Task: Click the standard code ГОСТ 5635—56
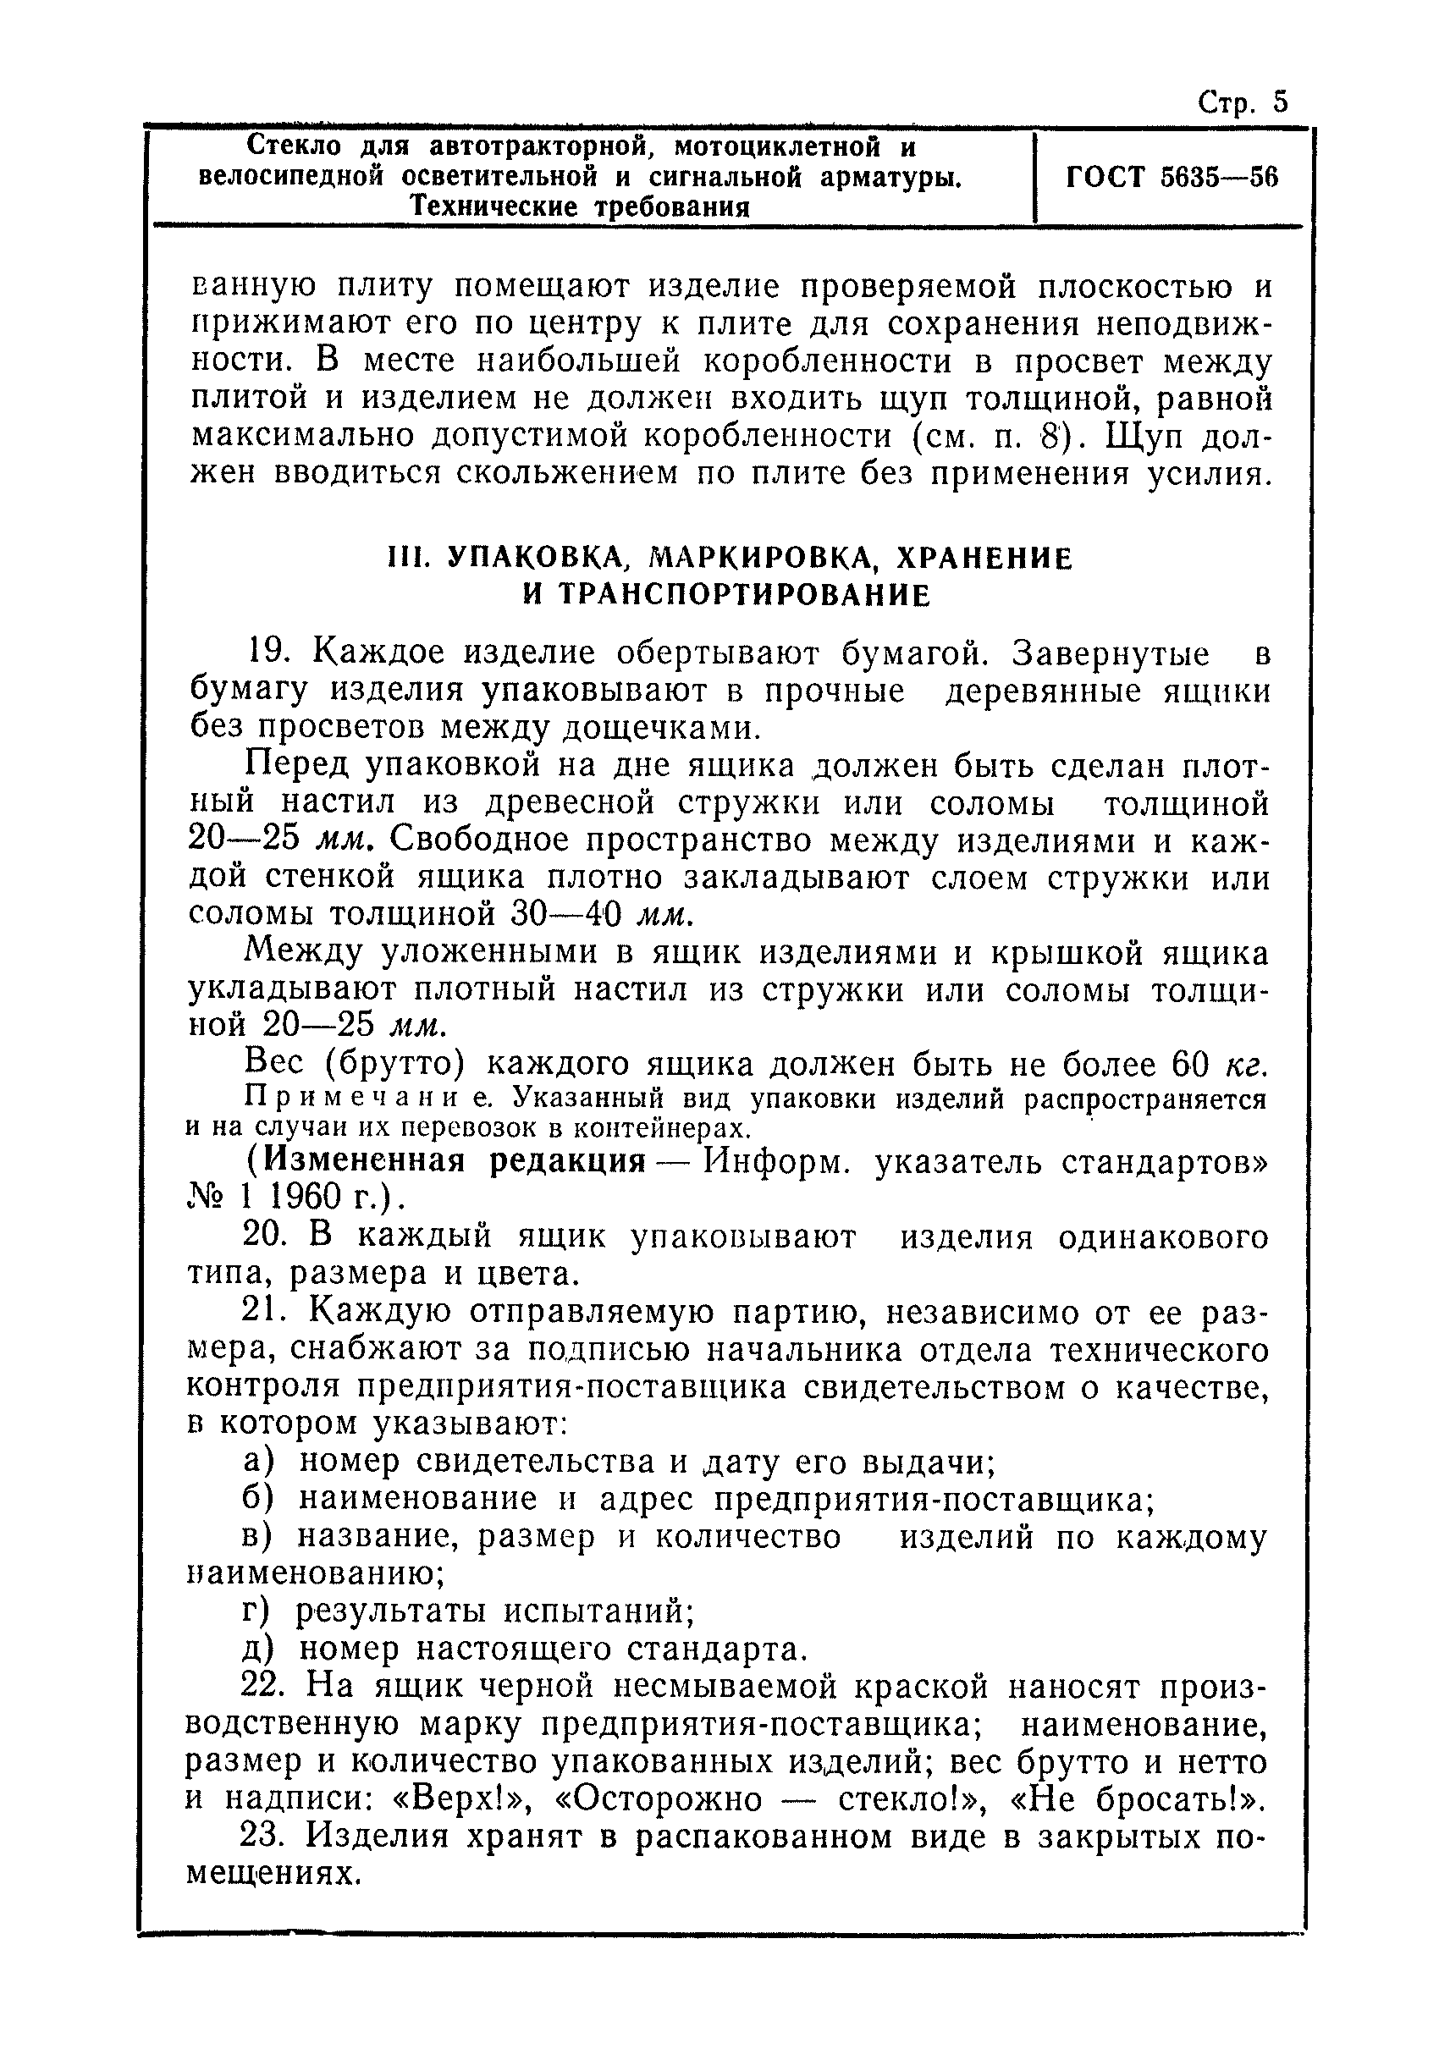[x=1172, y=178]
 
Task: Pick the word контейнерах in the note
[x=661, y=1128]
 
